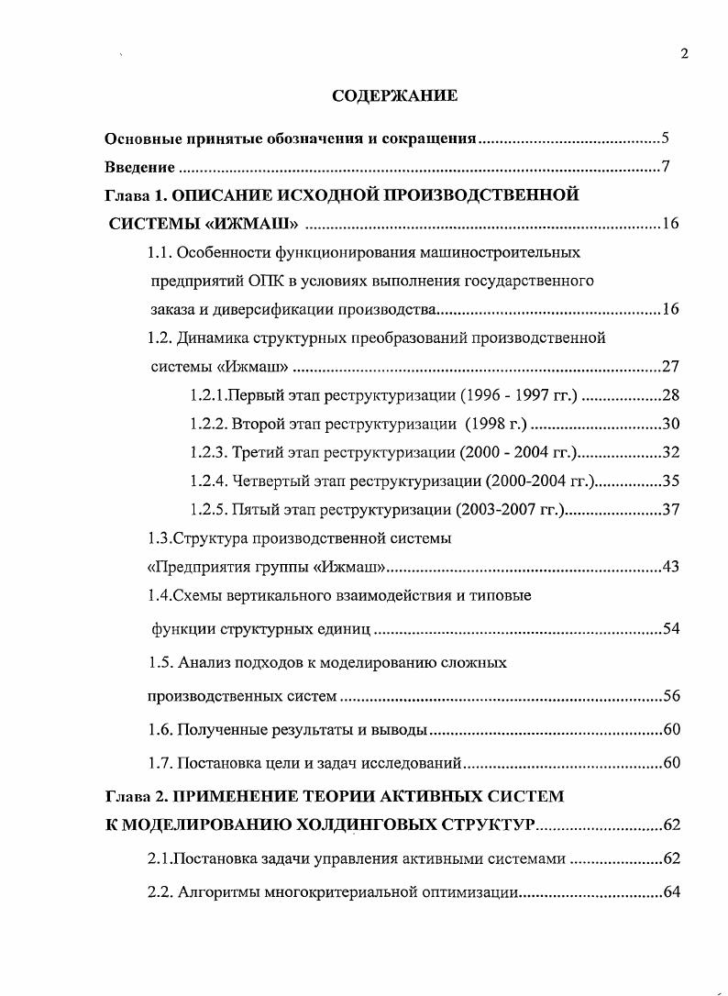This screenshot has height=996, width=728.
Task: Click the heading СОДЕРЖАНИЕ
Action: [x=393, y=95]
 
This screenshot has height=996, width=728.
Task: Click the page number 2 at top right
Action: [x=684, y=53]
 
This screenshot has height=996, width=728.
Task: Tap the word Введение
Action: [x=139, y=167]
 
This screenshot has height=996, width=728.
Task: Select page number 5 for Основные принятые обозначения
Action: [x=666, y=139]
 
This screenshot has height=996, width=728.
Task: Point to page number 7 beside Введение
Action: [x=667, y=167]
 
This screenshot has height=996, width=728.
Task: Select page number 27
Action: [x=670, y=367]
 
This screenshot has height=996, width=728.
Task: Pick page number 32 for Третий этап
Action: [x=670, y=452]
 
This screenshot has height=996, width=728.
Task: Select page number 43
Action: [x=670, y=566]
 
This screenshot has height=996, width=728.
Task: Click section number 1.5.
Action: [x=160, y=662]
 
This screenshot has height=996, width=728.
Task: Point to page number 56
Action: [x=670, y=696]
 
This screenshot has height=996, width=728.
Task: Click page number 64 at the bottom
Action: [x=670, y=892]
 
